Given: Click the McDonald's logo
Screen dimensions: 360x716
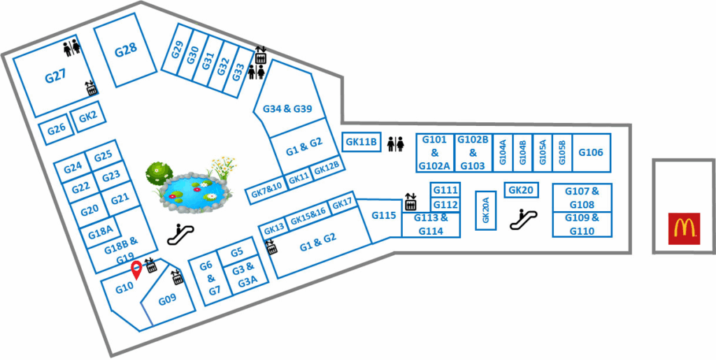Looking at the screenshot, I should pyautogui.click(x=683, y=229).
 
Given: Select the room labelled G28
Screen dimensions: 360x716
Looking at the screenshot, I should pyautogui.click(x=126, y=50).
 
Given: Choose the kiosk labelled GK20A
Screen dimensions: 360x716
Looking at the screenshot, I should pyautogui.click(x=485, y=209).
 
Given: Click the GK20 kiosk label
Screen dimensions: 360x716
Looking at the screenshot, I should pyautogui.click(x=521, y=190).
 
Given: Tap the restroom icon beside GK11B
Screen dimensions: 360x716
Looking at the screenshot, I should pyautogui.click(x=396, y=143).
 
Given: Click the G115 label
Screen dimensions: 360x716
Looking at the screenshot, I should pyautogui.click(x=384, y=216).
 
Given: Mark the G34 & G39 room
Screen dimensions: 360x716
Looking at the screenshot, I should pyautogui.click(x=288, y=109).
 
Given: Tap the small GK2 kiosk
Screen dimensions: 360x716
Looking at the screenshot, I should pyautogui.click(x=87, y=117).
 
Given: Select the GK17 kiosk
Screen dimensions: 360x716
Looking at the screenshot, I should pyautogui.click(x=343, y=204).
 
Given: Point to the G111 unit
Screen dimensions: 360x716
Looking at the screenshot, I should pyautogui.click(x=445, y=190).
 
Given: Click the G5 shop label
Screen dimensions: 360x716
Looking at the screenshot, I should pyautogui.click(x=237, y=252).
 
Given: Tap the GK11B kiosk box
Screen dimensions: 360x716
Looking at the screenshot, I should pyautogui.click(x=361, y=142).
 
